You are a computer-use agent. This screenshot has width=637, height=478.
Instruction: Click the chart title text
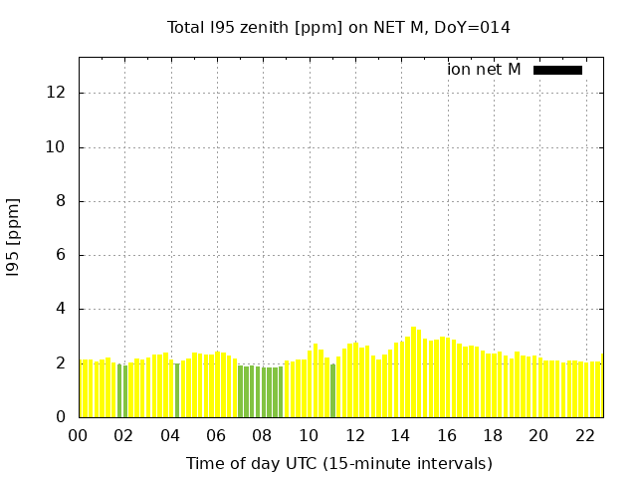(338, 28)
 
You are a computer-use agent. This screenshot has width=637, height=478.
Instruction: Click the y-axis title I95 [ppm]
(14, 237)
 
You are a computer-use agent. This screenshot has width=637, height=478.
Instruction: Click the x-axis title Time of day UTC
(338, 463)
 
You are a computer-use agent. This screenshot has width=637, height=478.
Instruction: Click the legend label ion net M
(484, 70)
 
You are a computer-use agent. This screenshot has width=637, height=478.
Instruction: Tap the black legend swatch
(557, 70)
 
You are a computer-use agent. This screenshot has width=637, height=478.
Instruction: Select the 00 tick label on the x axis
(79, 435)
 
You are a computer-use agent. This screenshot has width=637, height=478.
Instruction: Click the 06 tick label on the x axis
(217, 435)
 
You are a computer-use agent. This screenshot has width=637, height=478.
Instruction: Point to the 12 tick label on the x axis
(354, 435)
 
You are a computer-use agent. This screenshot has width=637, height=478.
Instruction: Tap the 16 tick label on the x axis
(447, 435)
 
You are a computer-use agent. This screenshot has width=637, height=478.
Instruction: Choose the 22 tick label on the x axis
(585, 435)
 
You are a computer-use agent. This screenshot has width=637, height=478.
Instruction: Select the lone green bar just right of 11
(332, 391)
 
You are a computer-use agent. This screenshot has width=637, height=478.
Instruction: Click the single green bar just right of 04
(177, 390)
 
